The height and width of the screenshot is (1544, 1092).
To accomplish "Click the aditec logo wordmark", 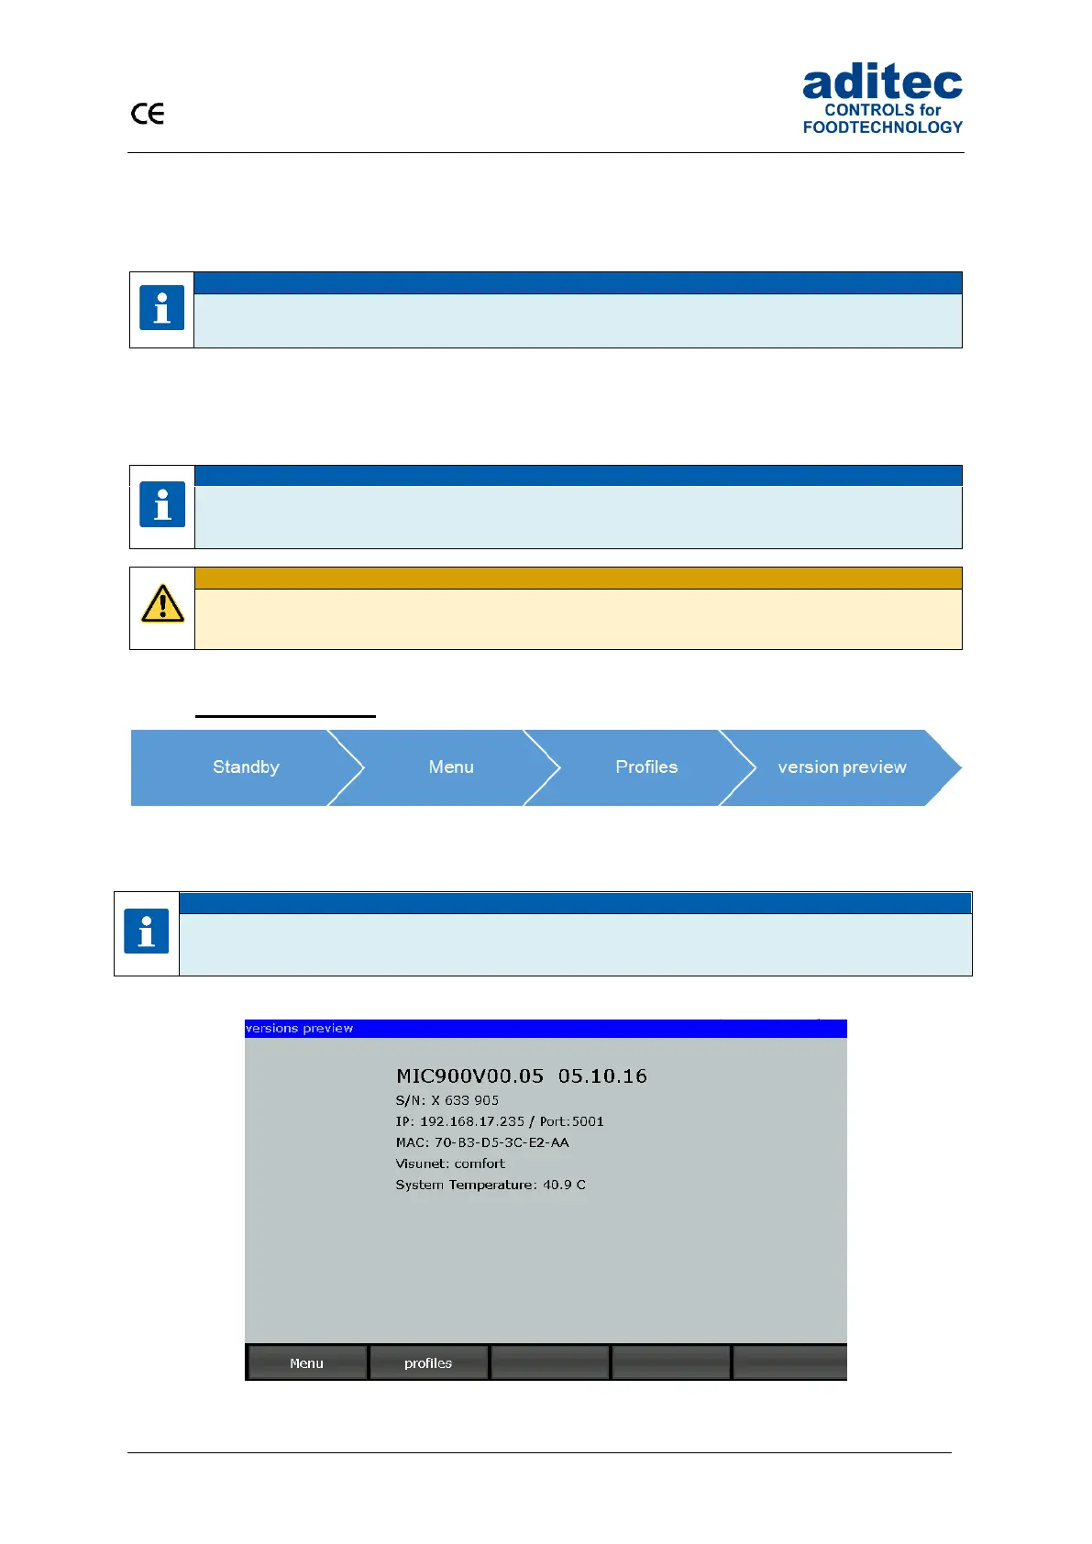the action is (x=882, y=83).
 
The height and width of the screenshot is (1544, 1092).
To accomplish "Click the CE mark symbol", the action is (x=148, y=114).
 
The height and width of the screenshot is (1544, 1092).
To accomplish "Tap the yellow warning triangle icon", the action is (x=162, y=604).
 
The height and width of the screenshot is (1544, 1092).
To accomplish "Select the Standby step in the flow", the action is (x=246, y=767).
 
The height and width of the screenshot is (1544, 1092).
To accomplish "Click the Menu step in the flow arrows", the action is (x=451, y=767).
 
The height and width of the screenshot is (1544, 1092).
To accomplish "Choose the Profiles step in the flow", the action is (x=646, y=767).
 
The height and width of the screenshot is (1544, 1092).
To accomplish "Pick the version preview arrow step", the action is (x=842, y=767).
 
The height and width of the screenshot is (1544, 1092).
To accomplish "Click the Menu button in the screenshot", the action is (x=306, y=1363).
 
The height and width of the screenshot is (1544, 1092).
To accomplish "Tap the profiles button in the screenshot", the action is (x=428, y=1363).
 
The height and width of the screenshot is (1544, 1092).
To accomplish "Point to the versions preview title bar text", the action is (x=300, y=1029).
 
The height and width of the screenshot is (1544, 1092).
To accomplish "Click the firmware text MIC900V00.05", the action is (x=469, y=1076).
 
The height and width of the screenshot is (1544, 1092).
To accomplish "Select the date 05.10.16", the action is (x=602, y=1076).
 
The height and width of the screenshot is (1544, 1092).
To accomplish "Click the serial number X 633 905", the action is (x=465, y=1100).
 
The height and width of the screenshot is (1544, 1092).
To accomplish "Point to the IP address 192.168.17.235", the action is (x=472, y=1121).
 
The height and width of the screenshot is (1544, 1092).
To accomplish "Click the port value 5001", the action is (x=588, y=1121).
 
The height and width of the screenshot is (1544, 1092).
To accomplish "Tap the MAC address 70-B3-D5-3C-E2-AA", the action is (x=502, y=1142).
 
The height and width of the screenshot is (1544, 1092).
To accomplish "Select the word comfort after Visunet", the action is (x=480, y=1164).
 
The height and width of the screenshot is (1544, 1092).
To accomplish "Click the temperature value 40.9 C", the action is (x=564, y=1185).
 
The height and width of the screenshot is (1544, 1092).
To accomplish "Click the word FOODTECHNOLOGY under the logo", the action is (x=883, y=127).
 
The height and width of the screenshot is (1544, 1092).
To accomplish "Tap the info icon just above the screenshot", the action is (x=147, y=932).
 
